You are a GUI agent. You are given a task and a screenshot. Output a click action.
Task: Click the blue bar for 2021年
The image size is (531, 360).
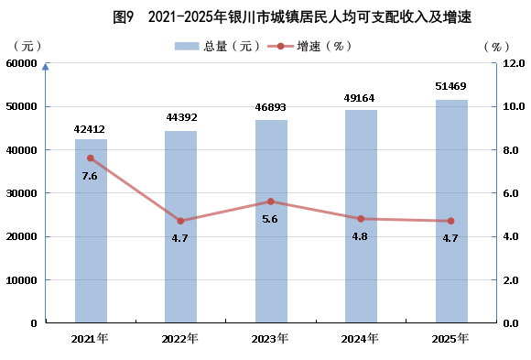coord(91,231)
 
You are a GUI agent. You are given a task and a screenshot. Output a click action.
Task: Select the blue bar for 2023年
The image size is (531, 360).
coord(271,221)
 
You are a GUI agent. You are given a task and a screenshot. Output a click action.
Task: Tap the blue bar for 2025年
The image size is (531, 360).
coord(451,211)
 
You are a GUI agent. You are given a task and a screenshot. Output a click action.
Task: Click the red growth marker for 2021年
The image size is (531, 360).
coord(91,158)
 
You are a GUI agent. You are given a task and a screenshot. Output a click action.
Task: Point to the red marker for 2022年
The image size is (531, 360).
coord(180,221)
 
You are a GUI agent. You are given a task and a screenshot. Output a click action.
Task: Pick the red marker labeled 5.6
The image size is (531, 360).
coord(271,202)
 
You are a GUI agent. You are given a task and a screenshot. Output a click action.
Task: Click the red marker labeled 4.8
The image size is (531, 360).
coord(361,219)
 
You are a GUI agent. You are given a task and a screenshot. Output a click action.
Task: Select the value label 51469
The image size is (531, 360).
coord(450,86)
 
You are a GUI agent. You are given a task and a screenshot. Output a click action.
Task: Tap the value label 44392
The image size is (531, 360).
coord(181,117)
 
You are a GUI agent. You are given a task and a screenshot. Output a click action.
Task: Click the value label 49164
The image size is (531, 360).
coord(359,98)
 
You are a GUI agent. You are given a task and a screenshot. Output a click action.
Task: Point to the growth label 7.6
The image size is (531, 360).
coord(90,176)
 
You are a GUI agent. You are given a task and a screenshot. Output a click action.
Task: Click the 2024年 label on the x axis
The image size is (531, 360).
coord(360,338)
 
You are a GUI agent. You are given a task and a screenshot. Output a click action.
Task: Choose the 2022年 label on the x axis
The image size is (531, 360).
coord(179,338)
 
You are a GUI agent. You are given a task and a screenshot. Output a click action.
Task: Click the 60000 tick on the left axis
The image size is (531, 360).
coord(21,63)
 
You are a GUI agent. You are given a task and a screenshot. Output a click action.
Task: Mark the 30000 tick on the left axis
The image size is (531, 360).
coord(21,193)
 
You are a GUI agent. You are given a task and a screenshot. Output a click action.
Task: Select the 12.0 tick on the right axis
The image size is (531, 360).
coord(514,63)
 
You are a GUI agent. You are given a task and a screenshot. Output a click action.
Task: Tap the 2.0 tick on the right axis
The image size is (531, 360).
coord(511,280)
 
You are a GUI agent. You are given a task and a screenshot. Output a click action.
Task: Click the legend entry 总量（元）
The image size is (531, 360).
coord(218,46)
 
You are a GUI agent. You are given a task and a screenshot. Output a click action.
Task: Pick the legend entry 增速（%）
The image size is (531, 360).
coord(310,46)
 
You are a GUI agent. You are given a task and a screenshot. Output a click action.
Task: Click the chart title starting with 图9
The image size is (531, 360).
coord(292,17)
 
